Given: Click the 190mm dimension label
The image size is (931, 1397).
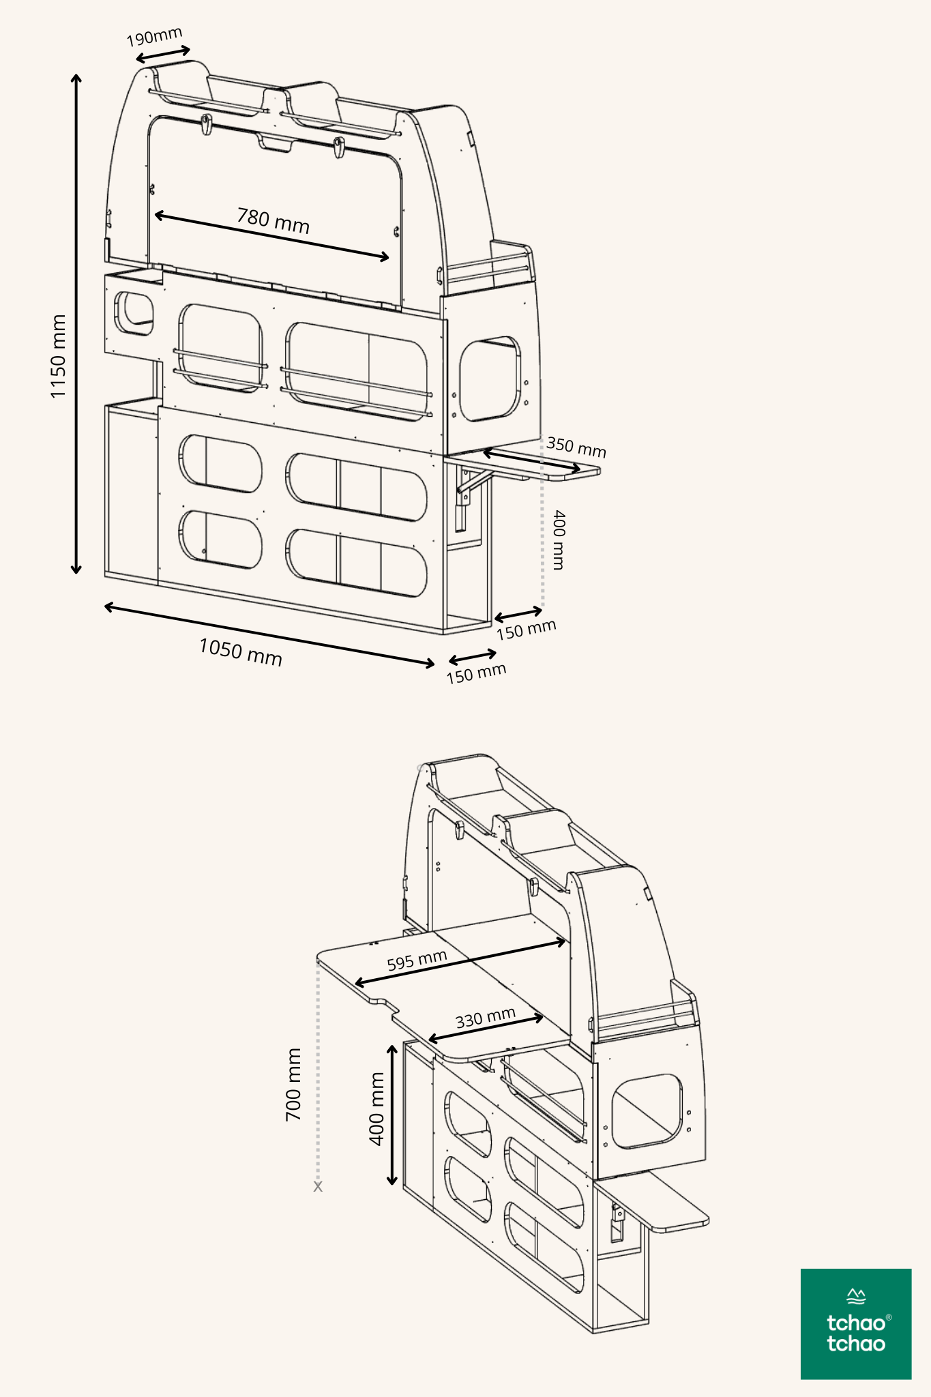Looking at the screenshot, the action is click(155, 37).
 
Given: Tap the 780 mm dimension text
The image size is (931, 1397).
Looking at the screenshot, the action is click(273, 220).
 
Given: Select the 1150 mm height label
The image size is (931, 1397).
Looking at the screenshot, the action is click(59, 356).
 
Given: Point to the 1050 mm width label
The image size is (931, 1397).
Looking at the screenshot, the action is click(240, 652).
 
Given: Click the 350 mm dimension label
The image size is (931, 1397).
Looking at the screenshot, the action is click(576, 447).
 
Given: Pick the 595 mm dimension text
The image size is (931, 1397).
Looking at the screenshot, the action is click(417, 960).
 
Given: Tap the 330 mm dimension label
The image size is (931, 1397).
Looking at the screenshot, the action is click(485, 1018).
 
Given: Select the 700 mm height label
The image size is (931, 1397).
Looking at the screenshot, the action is click(293, 1085).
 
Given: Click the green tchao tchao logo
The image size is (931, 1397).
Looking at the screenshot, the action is click(856, 1324).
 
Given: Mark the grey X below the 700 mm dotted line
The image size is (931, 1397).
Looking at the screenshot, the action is click(318, 1187).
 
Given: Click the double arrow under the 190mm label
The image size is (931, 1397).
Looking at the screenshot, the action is click(163, 55).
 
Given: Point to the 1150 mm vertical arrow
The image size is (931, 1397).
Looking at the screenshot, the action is click(76, 324).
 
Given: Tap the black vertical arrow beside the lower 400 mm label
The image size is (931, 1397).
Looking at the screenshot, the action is click(392, 1115).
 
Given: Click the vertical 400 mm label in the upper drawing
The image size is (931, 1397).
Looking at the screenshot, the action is click(559, 540).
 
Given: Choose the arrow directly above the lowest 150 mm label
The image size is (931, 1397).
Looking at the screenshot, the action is click(473, 657).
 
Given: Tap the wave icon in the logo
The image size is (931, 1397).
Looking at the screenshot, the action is click(856, 1296).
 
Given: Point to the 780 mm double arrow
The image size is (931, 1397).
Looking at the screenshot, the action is click(272, 236).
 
